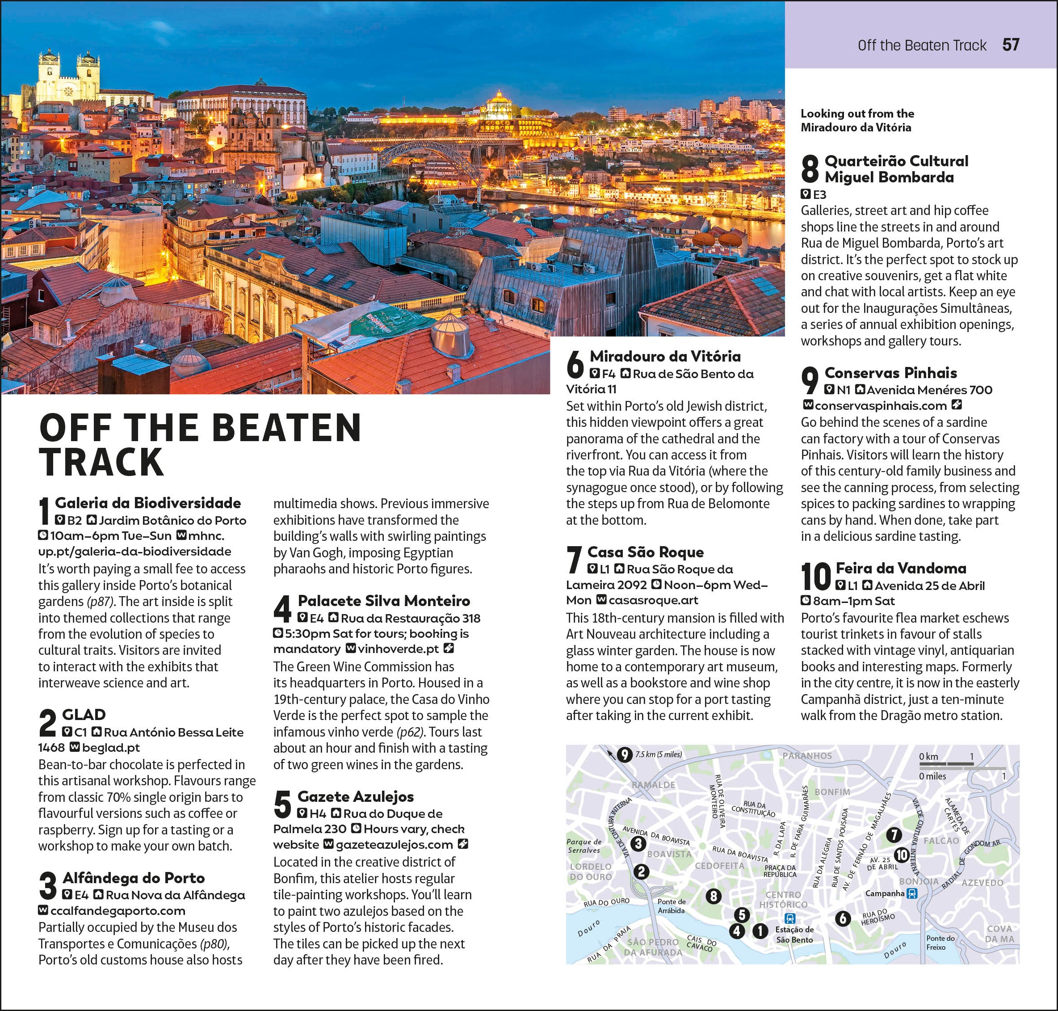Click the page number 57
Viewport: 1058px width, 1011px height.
pos(1011,45)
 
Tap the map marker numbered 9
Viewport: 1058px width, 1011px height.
pos(624,754)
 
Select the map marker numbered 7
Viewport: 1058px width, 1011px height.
pos(894,835)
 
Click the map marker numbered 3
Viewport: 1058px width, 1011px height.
pos(638,843)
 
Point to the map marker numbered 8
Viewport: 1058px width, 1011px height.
pos(713,896)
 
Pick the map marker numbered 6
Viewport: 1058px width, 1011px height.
pos(843,919)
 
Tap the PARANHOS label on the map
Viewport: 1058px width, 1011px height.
pos(807,755)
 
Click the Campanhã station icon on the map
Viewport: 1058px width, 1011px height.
pos(911,893)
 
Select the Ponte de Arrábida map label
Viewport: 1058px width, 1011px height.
pos(671,906)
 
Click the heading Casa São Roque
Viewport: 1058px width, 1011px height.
pos(645,552)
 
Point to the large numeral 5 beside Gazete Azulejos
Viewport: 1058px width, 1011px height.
pos(282,805)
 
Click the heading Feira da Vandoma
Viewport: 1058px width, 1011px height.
pos(901,568)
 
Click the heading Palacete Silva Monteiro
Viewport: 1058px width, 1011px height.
pos(383,600)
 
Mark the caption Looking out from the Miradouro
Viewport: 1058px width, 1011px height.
pos(856,120)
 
